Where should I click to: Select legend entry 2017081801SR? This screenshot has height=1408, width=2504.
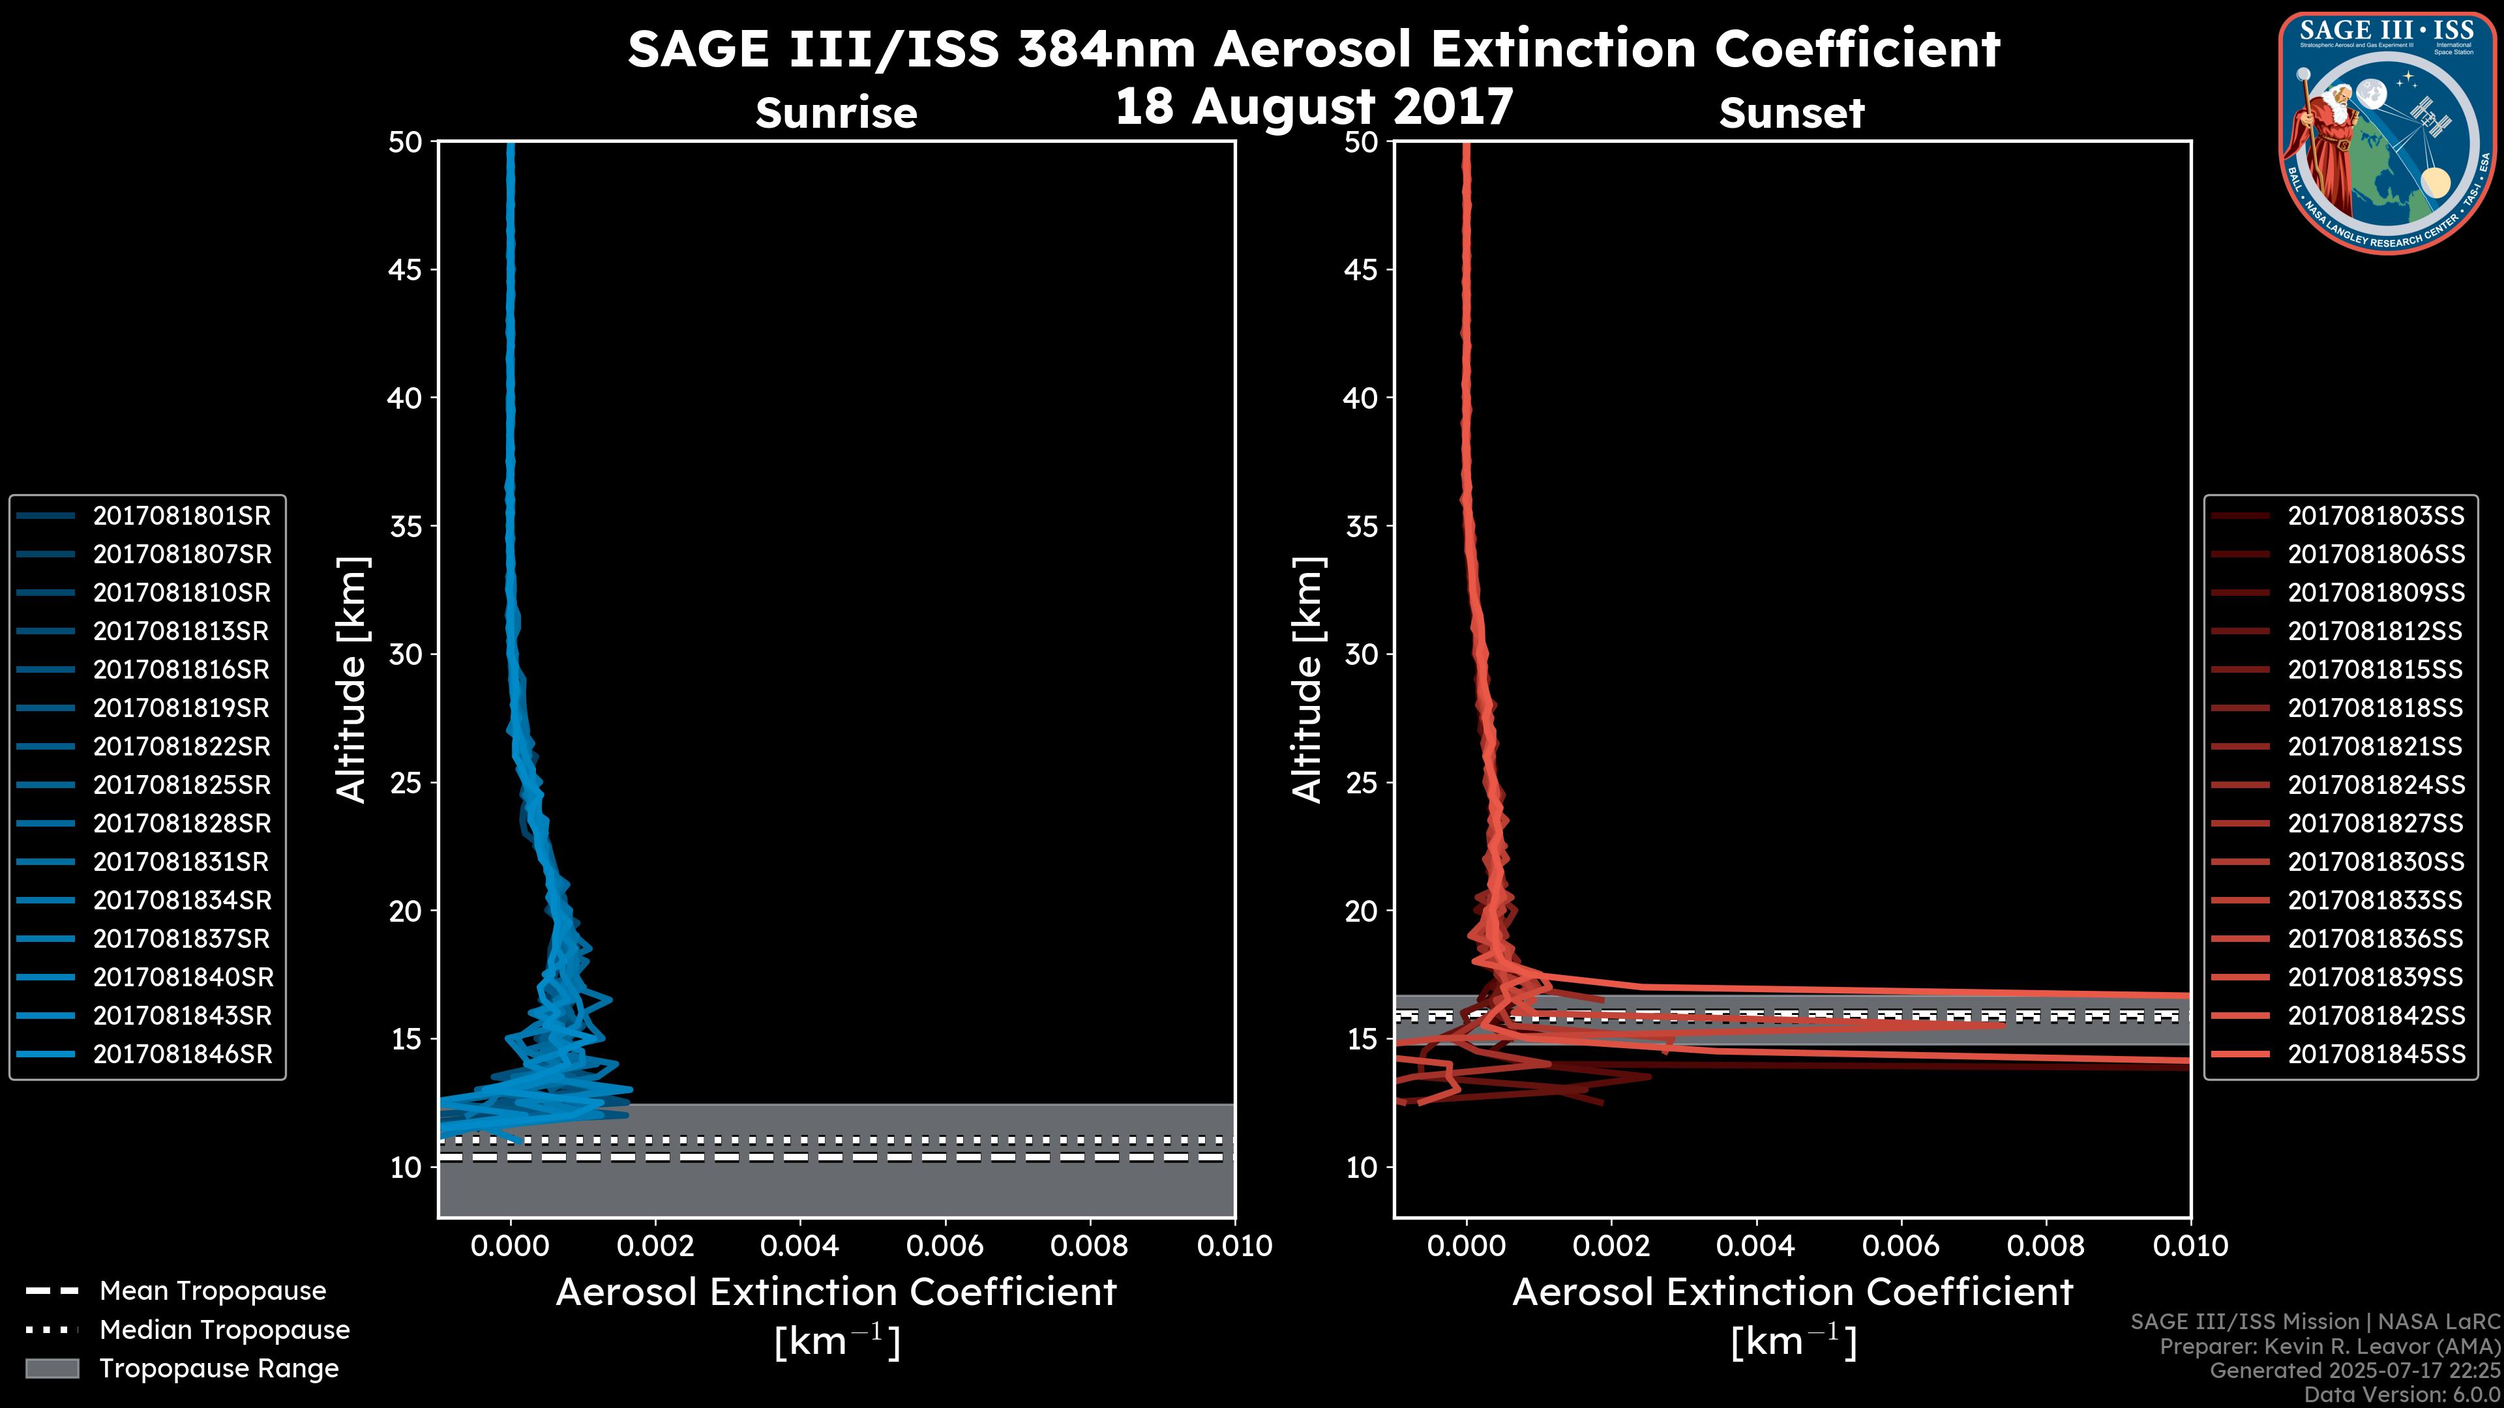pos(182,516)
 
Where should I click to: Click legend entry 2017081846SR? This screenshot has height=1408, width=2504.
pos(182,1054)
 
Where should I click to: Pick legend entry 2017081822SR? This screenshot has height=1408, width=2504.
pos(182,746)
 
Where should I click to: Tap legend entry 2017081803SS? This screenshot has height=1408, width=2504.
pos(2376,516)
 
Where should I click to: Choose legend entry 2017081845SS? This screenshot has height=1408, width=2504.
pos(2376,1054)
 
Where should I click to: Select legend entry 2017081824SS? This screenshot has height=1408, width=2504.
pos(2376,785)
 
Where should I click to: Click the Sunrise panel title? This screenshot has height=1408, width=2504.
pos(836,113)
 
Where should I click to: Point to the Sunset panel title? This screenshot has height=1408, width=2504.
pos(1791,113)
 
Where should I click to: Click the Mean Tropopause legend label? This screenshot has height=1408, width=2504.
pos(213,1291)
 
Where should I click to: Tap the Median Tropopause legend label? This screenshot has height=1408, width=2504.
pos(224,1330)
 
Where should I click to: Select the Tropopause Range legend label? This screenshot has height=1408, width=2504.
pos(218,1369)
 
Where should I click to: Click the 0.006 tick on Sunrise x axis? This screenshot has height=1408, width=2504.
pos(945,1246)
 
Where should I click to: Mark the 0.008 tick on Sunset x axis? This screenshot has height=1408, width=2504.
pos(2046,1246)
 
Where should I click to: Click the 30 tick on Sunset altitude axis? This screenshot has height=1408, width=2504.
pos(1361,655)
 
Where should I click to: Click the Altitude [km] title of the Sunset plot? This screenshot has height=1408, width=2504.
pos(1307,680)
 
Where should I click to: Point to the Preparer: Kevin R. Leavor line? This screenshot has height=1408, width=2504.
pos(2329,1347)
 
